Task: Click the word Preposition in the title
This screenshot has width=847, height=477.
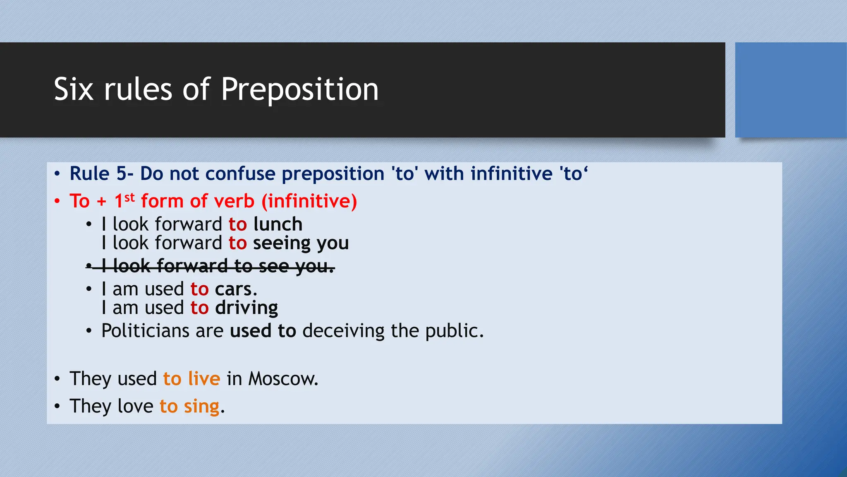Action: pos(299,89)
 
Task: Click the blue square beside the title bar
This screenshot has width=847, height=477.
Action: pos(790,90)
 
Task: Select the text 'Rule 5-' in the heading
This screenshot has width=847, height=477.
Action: pos(101,173)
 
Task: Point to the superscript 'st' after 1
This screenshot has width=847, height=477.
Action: pos(129,197)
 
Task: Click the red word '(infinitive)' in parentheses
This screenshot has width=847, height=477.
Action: pos(309,201)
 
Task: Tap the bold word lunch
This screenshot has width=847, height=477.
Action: pos(278,224)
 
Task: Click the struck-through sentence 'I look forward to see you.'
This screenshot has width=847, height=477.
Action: pos(218,266)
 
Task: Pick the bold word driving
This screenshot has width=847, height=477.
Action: pos(246,308)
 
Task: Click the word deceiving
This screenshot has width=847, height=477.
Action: pos(343,331)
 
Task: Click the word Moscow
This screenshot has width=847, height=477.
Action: pos(283,379)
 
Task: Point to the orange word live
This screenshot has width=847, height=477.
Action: pos(204,379)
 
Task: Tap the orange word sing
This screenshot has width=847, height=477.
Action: pos(201,407)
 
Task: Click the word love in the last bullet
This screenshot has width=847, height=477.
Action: pos(135,406)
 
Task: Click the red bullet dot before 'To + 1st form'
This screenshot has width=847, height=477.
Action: pos(57,202)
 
